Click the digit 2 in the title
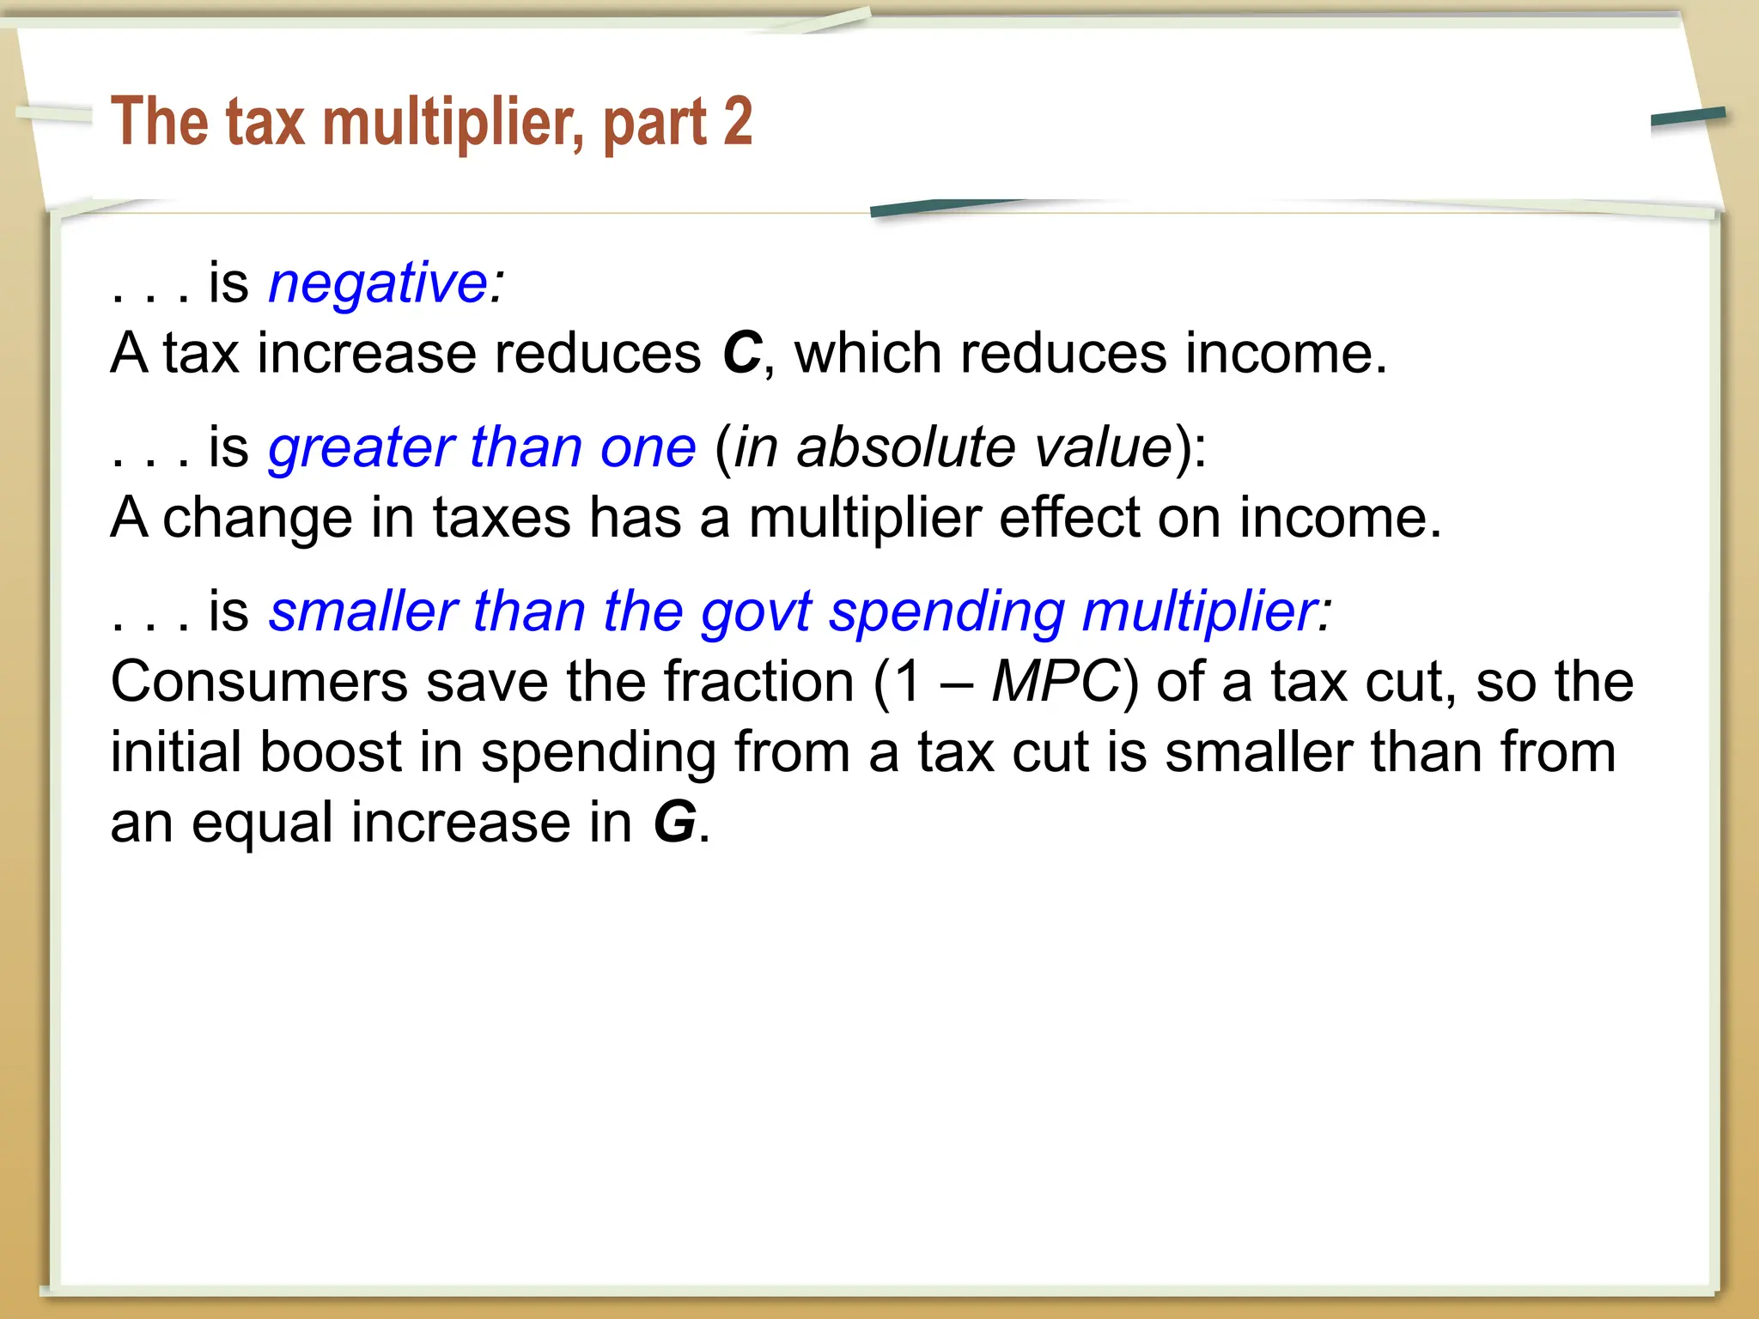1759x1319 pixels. [737, 121]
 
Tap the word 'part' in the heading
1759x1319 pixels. [655, 125]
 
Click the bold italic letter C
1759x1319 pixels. [742, 353]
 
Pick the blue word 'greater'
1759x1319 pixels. [361, 448]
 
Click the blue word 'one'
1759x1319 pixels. [648, 448]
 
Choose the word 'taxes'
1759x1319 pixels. [502, 518]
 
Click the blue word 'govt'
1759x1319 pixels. [756, 612]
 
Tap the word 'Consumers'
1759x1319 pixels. [259, 683]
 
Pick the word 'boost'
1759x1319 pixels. [331, 752]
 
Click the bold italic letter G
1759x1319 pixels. [674, 822]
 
